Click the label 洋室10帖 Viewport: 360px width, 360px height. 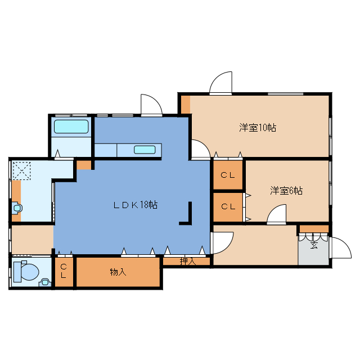click(x=257, y=128)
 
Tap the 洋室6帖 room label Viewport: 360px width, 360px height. click(x=286, y=191)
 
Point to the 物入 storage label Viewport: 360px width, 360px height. click(x=118, y=272)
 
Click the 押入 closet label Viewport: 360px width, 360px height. click(x=187, y=261)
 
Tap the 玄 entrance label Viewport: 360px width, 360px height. click(x=314, y=245)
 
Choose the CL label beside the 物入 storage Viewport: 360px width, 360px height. click(x=64, y=272)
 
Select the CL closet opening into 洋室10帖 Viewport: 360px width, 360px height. click(x=228, y=175)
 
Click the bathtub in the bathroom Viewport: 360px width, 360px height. click(x=71, y=128)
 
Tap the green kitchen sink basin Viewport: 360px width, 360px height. click(x=144, y=150)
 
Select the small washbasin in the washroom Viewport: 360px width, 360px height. click(x=17, y=208)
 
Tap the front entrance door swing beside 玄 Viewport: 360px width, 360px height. click(x=339, y=247)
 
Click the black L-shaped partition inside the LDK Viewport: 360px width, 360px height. click(x=188, y=216)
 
